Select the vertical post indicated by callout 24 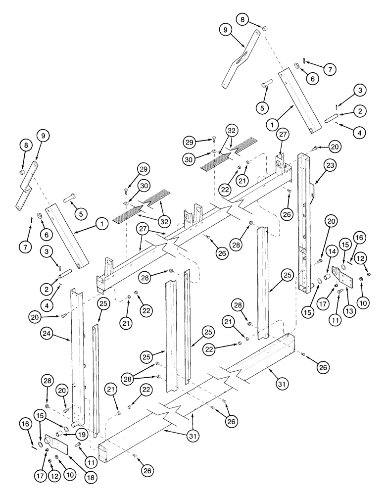click(77, 356)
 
